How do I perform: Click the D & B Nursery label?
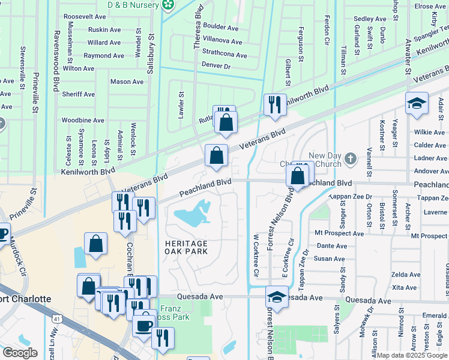[135, 5]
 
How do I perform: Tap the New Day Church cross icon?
[351, 160]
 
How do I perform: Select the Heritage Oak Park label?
[186, 247]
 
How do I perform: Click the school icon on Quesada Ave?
[276, 296]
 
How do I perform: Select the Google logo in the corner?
[20, 353]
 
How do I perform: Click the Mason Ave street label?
[127, 82]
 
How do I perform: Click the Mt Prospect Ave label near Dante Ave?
[340, 233]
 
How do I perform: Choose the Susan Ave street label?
[330, 259]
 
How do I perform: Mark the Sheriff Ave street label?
[79, 94]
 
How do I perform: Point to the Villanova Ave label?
[222, 42]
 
